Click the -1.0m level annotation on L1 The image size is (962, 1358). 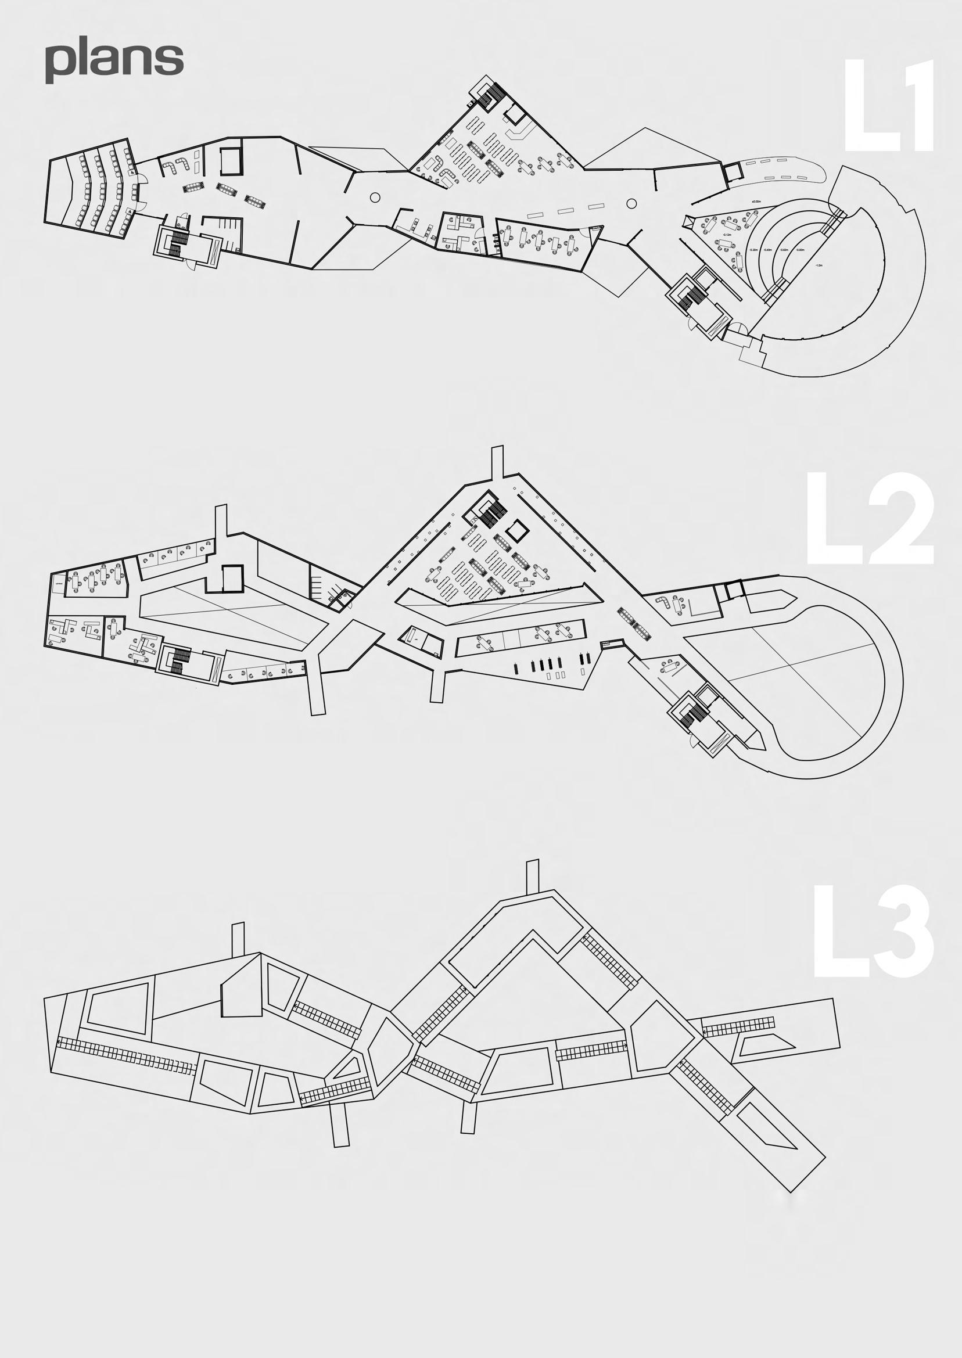pos(819,266)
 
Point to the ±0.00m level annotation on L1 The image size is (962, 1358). pos(756,202)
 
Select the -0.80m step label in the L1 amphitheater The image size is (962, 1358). pos(801,250)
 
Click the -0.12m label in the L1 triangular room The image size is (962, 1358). pos(727,235)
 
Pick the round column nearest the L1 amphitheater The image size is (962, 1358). pos(631,203)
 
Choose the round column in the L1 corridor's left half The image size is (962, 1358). pos(374,197)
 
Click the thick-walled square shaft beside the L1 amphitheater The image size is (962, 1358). pos(733,173)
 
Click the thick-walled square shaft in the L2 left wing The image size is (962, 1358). pos(232,579)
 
